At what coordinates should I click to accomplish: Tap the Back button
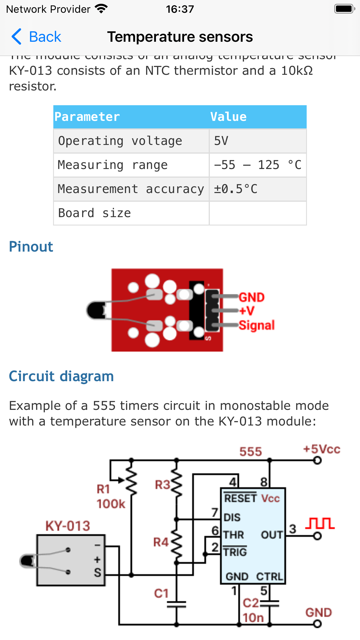pyautogui.click(x=37, y=37)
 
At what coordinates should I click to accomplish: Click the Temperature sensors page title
pyautogui.click(x=180, y=37)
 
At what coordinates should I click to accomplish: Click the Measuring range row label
pyautogui.click(x=112, y=165)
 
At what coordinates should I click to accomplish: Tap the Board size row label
pyautogui.click(x=94, y=213)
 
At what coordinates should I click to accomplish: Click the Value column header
pyautogui.click(x=228, y=117)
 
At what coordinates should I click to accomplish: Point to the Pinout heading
pyautogui.click(x=31, y=247)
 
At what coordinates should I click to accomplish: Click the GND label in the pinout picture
pyautogui.click(x=252, y=297)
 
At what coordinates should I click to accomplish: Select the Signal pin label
pyautogui.click(x=257, y=325)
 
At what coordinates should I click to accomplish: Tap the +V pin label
pyautogui.click(x=247, y=311)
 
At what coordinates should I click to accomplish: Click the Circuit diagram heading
pyautogui.click(x=61, y=376)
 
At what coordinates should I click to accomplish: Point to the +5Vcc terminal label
pyautogui.click(x=321, y=449)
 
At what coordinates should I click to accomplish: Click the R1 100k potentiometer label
pyautogui.click(x=110, y=497)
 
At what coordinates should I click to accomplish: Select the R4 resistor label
pyautogui.click(x=161, y=542)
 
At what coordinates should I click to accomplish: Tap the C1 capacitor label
pyautogui.click(x=161, y=593)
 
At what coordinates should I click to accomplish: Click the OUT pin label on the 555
pyautogui.click(x=272, y=535)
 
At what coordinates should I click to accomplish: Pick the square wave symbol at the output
pyautogui.click(x=320, y=523)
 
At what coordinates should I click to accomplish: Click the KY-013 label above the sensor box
pyautogui.click(x=68, y=526)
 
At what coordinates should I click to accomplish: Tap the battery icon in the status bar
pyautogui.click(x=344, y=9)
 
